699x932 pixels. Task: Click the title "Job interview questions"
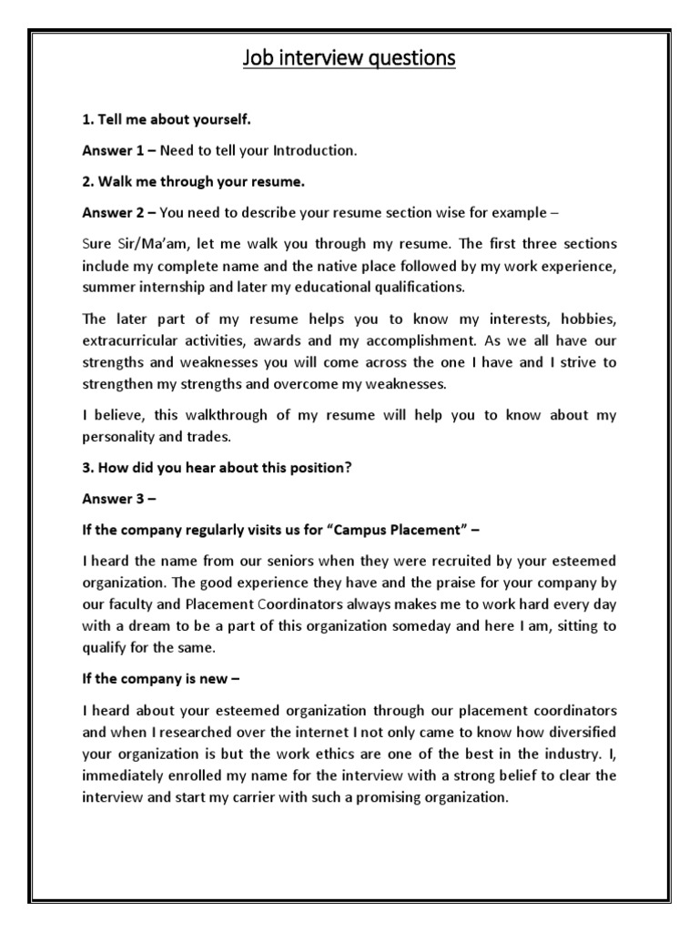coord(349,60)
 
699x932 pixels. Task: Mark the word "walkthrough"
coord(210,415)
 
